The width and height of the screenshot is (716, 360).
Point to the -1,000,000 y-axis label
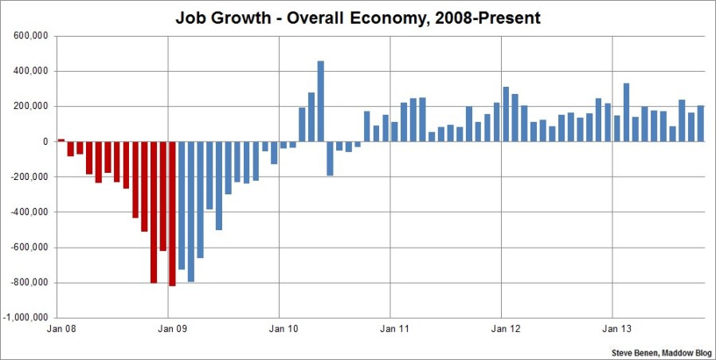(28, 318)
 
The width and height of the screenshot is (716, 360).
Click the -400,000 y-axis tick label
(30, 212)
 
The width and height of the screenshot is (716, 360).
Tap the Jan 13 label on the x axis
(612, 328)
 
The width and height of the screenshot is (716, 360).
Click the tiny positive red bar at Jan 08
(61, 140)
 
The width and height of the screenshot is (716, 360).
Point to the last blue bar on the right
(701, 123)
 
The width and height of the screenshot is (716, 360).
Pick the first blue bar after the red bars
(182, 205)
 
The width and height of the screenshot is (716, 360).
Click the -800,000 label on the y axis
(30, 283)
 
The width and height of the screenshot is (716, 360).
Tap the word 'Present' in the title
(509, 17)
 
